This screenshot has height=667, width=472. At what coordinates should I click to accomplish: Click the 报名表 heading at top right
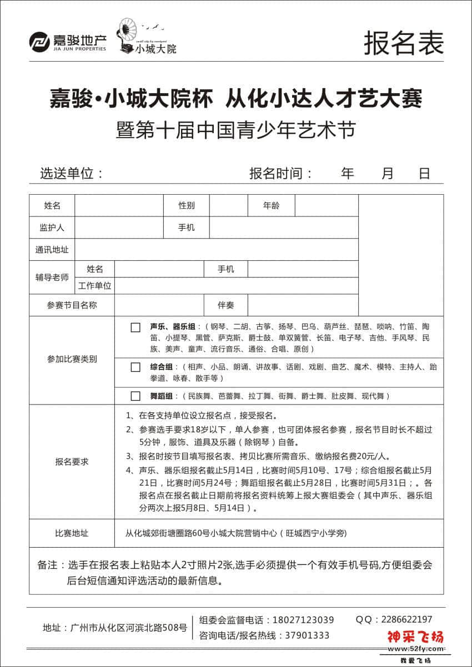coord(404,43)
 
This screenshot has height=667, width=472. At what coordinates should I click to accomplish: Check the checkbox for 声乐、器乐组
coord(135,327)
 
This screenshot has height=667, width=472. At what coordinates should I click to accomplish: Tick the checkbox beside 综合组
coord(135,367)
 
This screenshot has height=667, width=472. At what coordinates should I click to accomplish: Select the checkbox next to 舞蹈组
coord(135,396)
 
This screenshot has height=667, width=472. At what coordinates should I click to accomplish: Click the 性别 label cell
coord(187,206)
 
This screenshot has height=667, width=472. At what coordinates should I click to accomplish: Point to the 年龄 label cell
coord(272,206)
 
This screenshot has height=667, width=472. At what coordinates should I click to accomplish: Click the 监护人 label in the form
coord(52,228)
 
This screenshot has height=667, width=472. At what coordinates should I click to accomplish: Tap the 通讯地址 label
coord(52,250)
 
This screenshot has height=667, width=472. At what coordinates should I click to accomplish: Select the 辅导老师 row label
coord(52,277)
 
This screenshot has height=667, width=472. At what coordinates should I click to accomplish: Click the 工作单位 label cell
coord(95,286)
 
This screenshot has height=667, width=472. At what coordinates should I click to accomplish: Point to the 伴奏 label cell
coord(226,305)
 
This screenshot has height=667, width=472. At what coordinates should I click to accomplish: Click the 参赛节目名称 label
coord(72,305)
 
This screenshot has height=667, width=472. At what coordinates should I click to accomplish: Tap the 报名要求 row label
coord(72,462)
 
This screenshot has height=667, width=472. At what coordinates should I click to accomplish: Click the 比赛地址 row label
coord(72,533)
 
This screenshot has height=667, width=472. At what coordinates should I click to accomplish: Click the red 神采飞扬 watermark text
coord(415,637)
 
